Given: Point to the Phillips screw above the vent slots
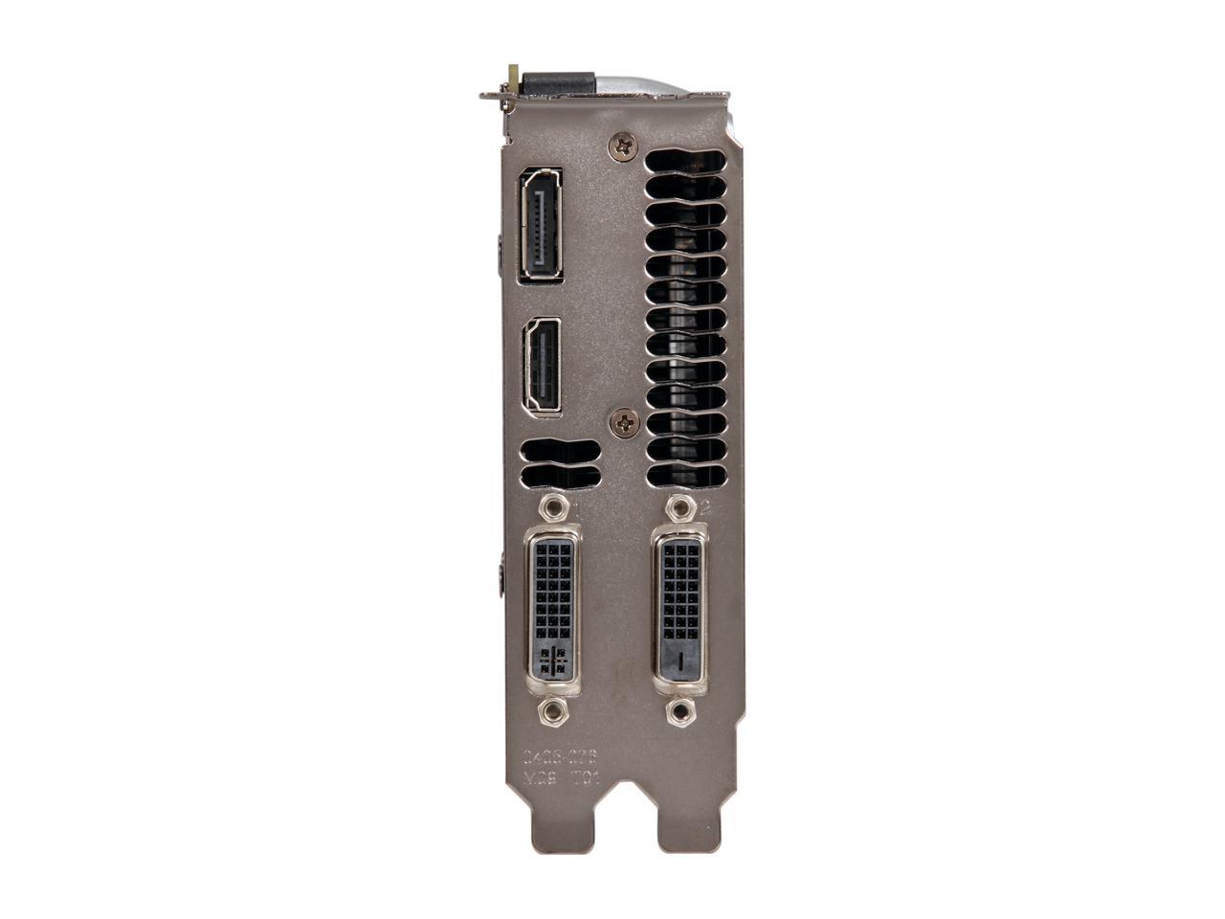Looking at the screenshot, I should coord(625,146).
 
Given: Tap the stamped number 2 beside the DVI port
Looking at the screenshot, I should coord(704,508).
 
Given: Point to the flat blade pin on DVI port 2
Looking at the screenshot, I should coord(679,660).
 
